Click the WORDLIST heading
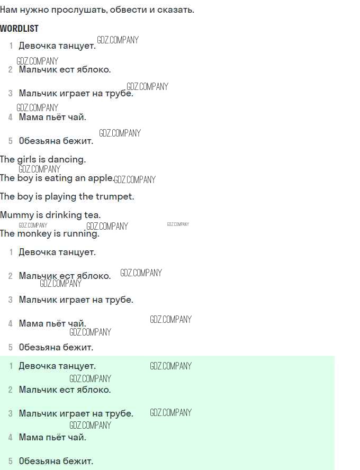coord(19,29)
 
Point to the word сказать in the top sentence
coord(176,10)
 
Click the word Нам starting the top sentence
coord(8,10)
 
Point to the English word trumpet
coord(115,197)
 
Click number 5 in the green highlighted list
coord(11,461)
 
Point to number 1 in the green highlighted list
coord(11,366)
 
